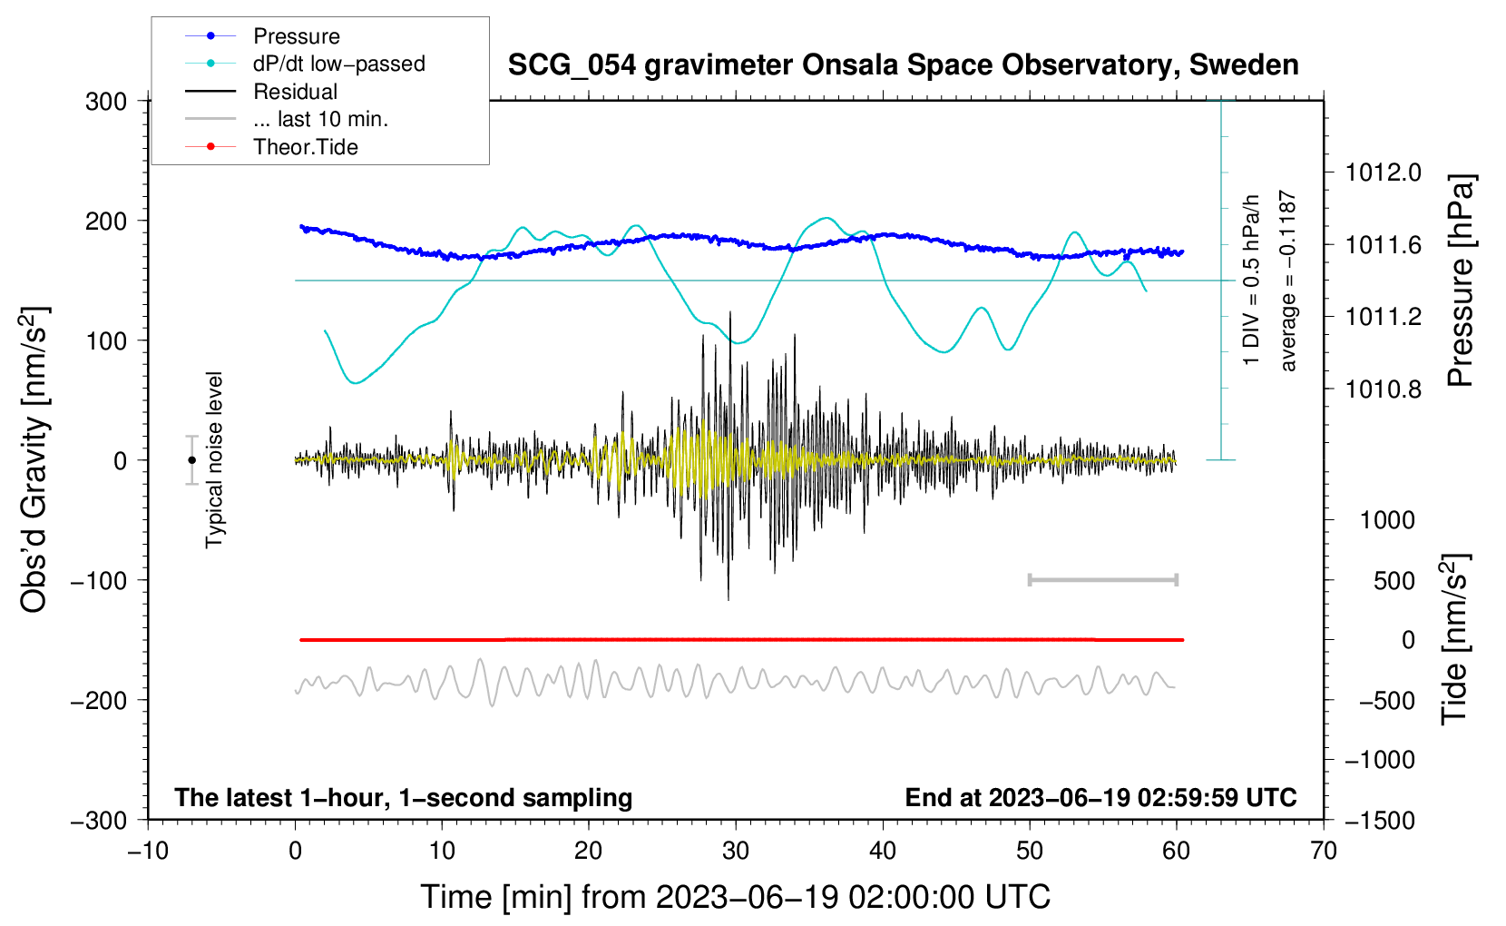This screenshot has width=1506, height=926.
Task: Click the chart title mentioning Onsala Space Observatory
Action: [x=903, y=65]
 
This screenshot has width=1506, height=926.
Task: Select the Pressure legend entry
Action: [x=263, y=35]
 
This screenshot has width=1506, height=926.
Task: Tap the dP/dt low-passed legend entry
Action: [x=305, y=64]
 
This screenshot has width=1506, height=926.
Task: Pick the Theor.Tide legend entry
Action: [x=271, y=147]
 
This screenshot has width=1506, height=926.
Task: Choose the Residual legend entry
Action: [x=261, y=92]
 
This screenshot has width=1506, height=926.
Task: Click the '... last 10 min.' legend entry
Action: [x=287, y=119]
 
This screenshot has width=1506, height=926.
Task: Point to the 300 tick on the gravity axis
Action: [x=106, y=102]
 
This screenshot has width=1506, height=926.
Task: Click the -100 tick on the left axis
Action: [x=99, y=581]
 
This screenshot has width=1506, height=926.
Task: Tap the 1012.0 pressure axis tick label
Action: [x=1384, y=173]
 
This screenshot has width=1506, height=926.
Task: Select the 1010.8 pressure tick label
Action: [x=1384, y=389]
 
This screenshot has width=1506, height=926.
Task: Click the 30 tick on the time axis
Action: [x=736, y=852]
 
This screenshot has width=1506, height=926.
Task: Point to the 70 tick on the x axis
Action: [x=1323, y=852]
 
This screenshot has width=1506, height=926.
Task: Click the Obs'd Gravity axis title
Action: [x=35, y=459]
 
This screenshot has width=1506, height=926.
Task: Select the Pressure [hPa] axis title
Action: [x=1460, y=281]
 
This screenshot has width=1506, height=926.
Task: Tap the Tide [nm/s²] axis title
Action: [x=1455, y=639]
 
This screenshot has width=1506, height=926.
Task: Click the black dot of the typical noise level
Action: [x=192, y=460]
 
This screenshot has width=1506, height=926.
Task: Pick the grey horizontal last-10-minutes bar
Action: [x=1102, y=580]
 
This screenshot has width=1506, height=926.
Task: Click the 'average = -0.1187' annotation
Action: [x=1287, y=281]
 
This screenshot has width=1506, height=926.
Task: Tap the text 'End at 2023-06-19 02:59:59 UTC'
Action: [x=1100, y=798]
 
